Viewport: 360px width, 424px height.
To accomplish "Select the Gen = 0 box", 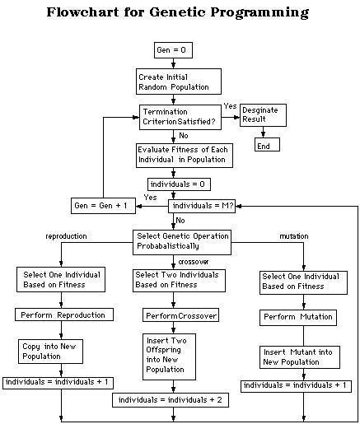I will click(x=172, y=51).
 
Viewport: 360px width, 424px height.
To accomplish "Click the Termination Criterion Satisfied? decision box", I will click(x=178, y=115).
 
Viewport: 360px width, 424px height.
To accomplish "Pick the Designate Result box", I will click(x=263, y=114).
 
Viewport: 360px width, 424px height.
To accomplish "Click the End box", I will click(x=266, y=145).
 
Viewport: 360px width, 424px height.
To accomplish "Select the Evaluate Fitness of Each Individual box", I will click(x=185, y=155).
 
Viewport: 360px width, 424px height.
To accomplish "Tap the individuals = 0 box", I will click(x=174, y=183).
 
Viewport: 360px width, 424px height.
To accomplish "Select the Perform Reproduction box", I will click(x=55, y=315).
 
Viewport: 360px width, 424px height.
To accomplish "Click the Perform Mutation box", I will click(x=299, y=317).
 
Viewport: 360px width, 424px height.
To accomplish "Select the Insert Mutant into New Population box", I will click(x=300, y=356).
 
